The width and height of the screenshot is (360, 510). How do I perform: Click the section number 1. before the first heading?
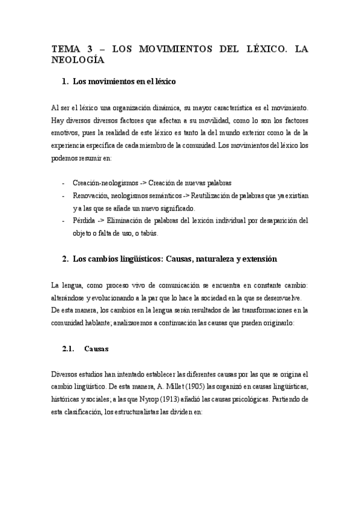(66, 81)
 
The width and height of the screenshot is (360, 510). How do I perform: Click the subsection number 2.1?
(71, 348)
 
